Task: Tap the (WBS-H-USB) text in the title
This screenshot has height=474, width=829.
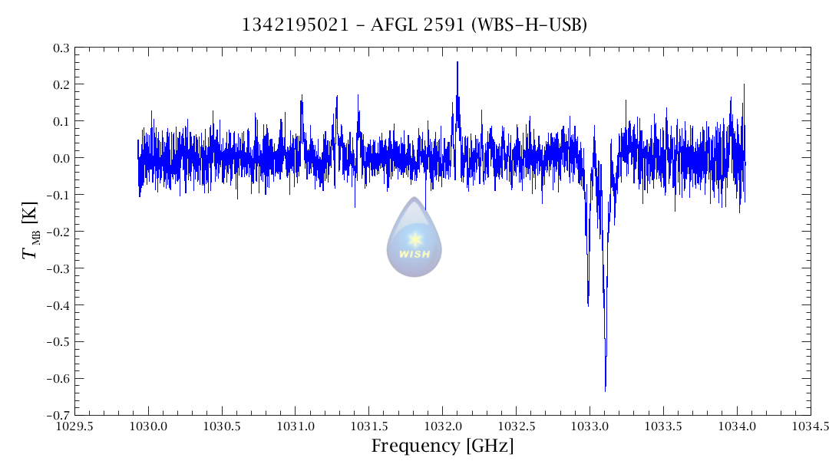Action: pyautogui.click(x=530, y=25)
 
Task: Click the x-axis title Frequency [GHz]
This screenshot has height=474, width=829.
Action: pyautogui.click(x=442, y=446)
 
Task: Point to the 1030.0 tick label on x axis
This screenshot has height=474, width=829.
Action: pyautogui.click(x=148, y=425)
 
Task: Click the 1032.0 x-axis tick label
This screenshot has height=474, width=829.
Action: pyautogui.click(x=443, y=425)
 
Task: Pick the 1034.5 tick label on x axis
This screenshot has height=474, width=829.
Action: pyautogui.click(x=811, y=425)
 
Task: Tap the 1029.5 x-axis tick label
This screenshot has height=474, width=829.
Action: pyautogui.click(x=74, y=425)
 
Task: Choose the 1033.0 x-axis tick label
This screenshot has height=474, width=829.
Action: pyautogui.click(x=590, y=425)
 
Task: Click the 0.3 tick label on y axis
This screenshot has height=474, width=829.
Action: pyautogui.click(x=61, y=48)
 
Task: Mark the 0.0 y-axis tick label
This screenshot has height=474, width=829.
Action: pyautogui.click(x=61, y=158)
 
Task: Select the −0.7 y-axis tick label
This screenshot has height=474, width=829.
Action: pyautogui.click(x=58, y=415)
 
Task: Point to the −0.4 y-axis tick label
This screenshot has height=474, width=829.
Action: pyautogui.click(x=58, y=305)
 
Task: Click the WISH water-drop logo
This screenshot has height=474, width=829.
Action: pyautogui.click(x=414, y=238)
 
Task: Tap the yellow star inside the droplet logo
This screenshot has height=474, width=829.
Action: pyautogui.click(x=415, y=239)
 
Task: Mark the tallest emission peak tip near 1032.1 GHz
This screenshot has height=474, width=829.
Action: pyautogui.click(x=457, y=62)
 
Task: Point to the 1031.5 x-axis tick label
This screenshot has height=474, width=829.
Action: pyautogui.click(x=369, y=425)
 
